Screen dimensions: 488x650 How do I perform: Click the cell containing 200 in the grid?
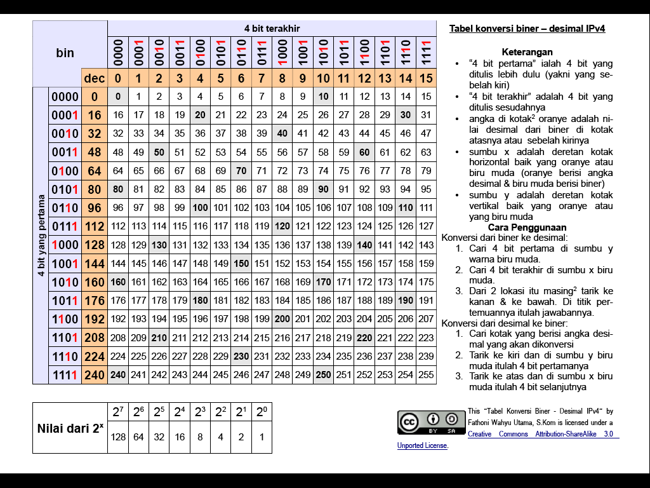(x=282, y=319)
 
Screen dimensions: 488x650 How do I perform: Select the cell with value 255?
(x=426, y=375)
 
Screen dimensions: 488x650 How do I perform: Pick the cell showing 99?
(x=180, y=208)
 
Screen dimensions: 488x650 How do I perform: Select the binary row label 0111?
(x=65, y=226)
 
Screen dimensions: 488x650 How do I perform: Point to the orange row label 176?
(x=95, y=301)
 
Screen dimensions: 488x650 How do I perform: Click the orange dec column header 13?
(x=385, y=79)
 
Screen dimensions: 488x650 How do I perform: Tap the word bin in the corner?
(x=65, y=53)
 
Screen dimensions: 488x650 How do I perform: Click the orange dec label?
(x=95, y=79)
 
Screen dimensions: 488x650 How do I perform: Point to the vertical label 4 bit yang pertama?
(x=41, y=235)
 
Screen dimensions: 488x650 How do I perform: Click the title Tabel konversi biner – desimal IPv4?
(x=527, y=29)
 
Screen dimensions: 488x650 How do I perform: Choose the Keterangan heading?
(x=527, y=52)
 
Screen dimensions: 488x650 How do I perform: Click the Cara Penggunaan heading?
(x=527, y=227)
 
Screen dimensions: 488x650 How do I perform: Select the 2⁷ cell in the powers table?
(x=118, y=412)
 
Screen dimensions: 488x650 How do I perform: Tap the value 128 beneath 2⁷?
(x=118, y=438)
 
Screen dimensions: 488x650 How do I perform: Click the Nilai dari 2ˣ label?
(x=70, y=428)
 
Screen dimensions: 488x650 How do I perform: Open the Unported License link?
(x=423, y=446)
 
